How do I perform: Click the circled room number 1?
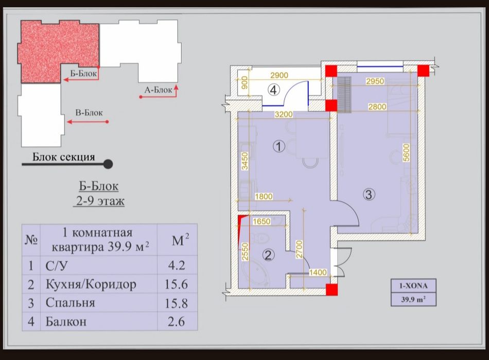click(278, 146)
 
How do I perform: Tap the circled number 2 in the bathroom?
click(268, 255)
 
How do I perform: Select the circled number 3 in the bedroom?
click(369, 194)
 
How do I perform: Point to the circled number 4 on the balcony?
click(273, 90)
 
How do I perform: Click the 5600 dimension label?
click(406, 152)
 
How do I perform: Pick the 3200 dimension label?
click(284, 114)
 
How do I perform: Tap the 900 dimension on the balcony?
click(244, 82)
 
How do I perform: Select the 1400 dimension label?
click(318, 272)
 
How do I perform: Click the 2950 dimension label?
click(375, 81)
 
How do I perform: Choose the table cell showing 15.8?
click(176, 303)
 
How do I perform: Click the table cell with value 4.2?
click(177, 265)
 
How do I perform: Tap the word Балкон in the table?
click(66, 321)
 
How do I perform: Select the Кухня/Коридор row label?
click(91, 284)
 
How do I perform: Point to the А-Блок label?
click(158, 90)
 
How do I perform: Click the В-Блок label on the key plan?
click(89, 113)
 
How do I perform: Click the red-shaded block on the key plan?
click(58, 52)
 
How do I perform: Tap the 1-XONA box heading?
click(413, 285)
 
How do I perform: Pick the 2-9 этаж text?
click(100, 201)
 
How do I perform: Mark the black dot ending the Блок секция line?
click(108, 164)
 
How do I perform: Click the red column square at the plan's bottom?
click(331, 289)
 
